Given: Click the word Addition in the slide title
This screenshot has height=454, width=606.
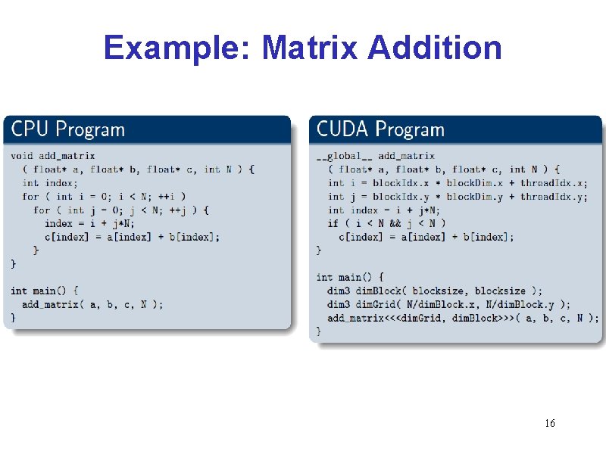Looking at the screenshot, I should pos(434,48).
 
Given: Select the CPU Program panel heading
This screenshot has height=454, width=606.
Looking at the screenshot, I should pos(68,129).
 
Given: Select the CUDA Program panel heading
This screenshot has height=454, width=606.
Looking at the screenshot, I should pos(380,129).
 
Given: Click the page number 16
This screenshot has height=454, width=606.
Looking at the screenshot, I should pos(549,423).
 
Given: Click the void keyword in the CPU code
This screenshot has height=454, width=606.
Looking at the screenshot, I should pos(22,156).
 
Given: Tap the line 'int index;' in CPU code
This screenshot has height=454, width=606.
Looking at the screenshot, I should pos(50,182).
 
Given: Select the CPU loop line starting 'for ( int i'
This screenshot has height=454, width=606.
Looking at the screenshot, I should pos(104,196).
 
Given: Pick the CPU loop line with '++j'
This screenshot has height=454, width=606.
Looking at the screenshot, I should pos(121,210).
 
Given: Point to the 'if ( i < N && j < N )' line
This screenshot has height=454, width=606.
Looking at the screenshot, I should pos(386,223).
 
